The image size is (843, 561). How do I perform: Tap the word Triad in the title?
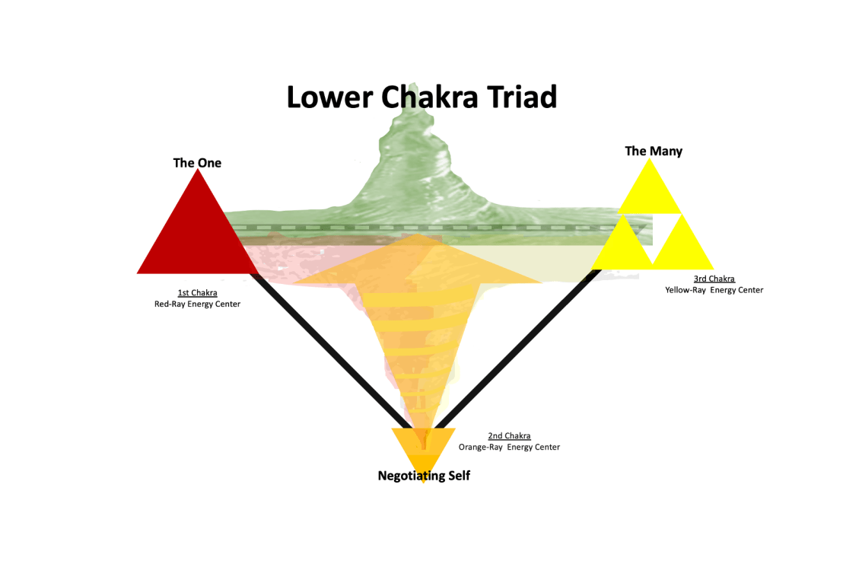pos(525,97)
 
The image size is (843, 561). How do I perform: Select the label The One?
pos(197,162)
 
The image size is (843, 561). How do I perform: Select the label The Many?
pos(654,151)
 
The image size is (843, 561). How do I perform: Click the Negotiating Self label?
pos(424,476)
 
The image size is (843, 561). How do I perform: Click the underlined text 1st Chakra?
pos(197,293)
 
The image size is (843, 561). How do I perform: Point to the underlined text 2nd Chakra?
pos(509,436)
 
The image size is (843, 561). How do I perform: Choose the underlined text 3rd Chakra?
pos(714,279)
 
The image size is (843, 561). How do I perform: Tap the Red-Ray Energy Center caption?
pos(197,304)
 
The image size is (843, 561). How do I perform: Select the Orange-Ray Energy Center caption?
pos(509,448)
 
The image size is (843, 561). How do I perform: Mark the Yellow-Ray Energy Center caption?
pos(714,290)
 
